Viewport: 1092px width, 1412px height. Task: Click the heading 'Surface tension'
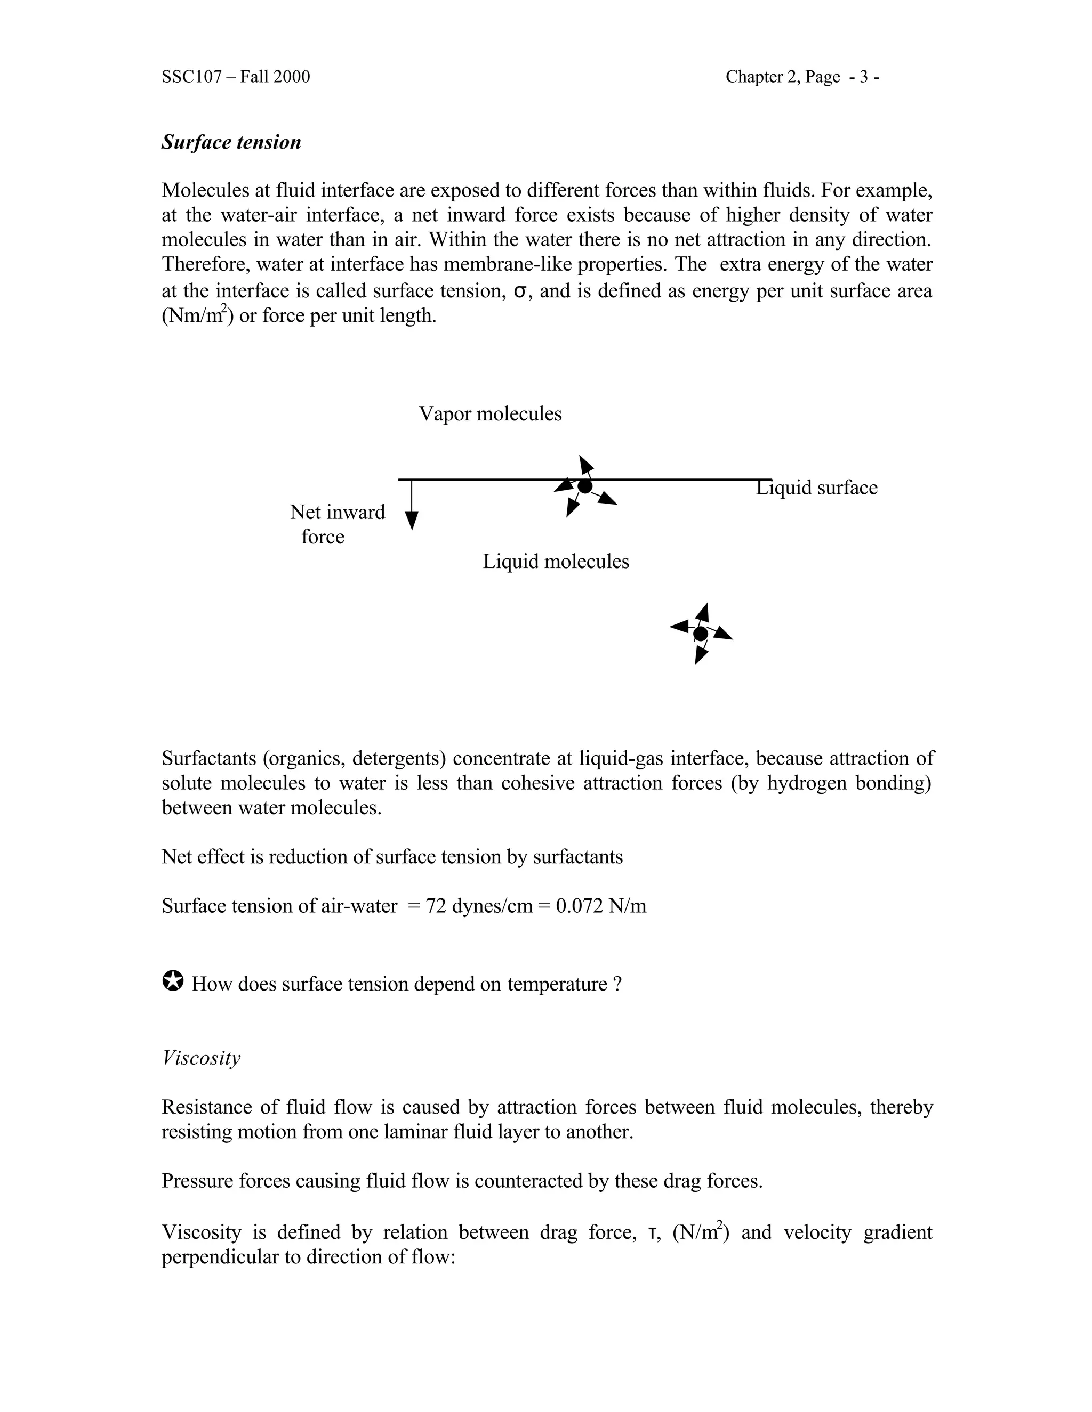[x=231, y=142]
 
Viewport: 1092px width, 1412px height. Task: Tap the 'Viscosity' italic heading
[x=200, y=1058]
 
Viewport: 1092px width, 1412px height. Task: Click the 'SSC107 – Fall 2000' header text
[x=236, y=77]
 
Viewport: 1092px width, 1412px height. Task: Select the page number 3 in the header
[x=864, y=77]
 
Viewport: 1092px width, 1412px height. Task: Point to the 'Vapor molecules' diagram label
[x=489, y=414]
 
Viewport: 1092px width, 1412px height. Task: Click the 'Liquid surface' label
[x=816, y=488]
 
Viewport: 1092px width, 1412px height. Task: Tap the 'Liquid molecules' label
[x=556, y=561]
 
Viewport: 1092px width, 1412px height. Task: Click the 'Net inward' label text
[x=337, y=512]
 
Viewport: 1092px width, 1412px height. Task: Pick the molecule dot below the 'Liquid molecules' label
[x=700, y=634]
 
